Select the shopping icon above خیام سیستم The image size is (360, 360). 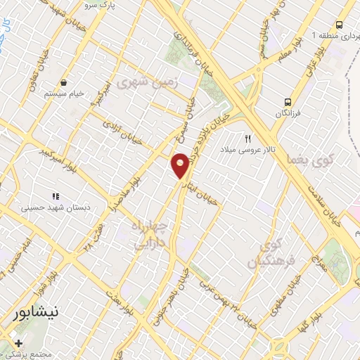pyautogui.click(x=64, y=82)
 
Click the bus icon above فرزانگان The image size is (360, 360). pyautogui.click(x=287, y=101)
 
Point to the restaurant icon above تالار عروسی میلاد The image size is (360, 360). pyautogui.click(x=247, y=139)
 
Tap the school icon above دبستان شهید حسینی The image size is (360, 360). pyautogui.click(x=54, y=196)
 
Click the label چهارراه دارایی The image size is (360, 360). pyautogui.click(x=150, y=235)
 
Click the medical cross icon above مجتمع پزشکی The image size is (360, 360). pyautogui.click(x=18, y=343)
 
